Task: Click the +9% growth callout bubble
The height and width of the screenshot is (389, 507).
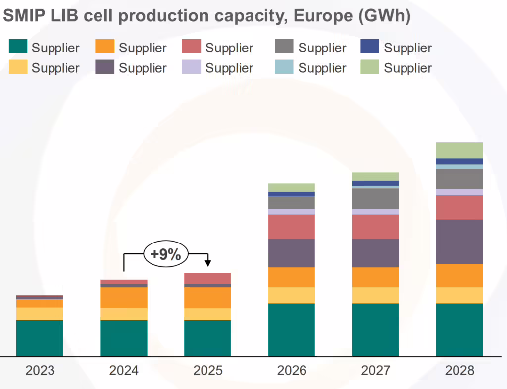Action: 166,254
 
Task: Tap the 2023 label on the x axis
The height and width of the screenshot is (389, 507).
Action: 40,370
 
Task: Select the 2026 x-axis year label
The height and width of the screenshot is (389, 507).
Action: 292,370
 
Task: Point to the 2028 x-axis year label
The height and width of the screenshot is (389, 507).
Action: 459,370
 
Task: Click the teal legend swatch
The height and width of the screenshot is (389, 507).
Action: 17,47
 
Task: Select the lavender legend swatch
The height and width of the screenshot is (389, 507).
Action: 192,67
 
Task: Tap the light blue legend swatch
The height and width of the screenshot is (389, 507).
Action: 284,67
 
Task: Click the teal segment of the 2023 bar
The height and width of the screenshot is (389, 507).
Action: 40,338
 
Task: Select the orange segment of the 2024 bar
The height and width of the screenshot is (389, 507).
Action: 124,297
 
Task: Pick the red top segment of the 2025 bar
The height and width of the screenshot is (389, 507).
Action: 207,278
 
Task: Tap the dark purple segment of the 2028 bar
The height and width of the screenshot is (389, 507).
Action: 459,242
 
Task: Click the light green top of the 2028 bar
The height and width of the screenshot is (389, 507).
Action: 459,150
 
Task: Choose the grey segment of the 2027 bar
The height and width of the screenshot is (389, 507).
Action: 375,198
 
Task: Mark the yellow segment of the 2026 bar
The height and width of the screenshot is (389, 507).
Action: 292,295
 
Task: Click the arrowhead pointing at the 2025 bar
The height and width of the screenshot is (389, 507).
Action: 208,262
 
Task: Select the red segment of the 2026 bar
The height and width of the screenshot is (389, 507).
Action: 292,227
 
